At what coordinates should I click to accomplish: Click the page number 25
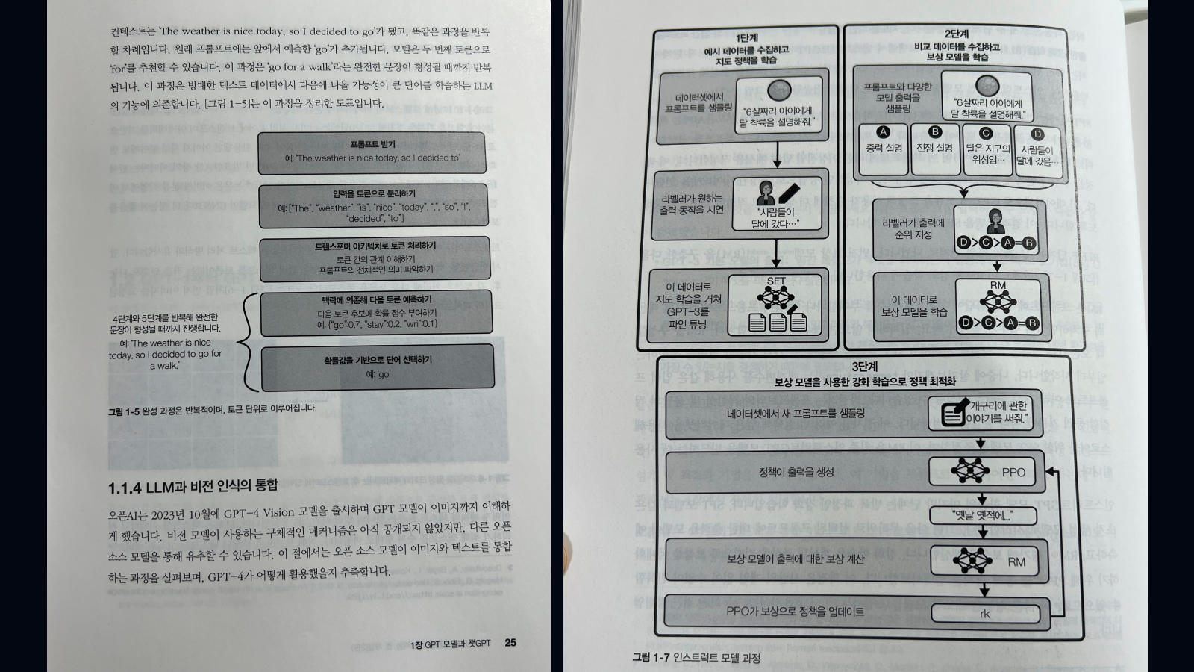(510, 642)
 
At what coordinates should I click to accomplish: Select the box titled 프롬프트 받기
(372, 152)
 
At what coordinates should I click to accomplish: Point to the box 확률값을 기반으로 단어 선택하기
(377, 367)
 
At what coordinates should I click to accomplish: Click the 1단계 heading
(746, 37)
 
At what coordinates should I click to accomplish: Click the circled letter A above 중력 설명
(883, 132)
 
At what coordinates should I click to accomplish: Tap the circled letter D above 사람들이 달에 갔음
(1037, 134)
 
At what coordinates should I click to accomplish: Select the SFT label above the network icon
(776, 281)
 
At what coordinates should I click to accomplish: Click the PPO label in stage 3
(1013, 472)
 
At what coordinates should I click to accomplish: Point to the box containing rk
(984, 613)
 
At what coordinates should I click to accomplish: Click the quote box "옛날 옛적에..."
(982, 515)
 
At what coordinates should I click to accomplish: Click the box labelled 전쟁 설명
(934, 149)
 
